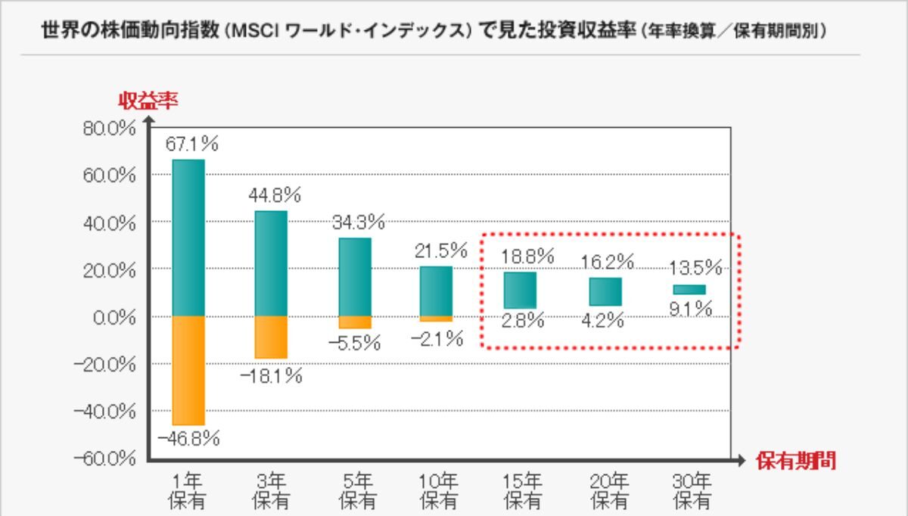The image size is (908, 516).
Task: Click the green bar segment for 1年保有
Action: pyautogui.click(x=188, y=237)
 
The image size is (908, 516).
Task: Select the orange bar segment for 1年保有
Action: pyautogui.click(x=188, y=370)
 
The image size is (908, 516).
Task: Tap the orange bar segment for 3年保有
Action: pyautogui.click(x=271, y=337)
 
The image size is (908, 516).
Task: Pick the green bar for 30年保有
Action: pyautogui.click(x=689, y=290)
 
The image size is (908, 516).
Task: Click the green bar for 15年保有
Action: pyautogui.click(x=521, y=291)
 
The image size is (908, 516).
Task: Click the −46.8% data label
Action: pyautogui.click(x=188, y=438)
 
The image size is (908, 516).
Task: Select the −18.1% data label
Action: pyautogui.click(x=271, y=376)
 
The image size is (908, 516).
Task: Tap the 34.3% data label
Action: pyautogui.click(x=359, y=223)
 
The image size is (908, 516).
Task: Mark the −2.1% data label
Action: pyautogui.click(x=437, y=339)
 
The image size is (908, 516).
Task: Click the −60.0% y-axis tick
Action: pyautogui.click(x=107, y=459)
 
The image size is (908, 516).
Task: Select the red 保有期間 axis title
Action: pyautogui.click(x=796, y=462)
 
